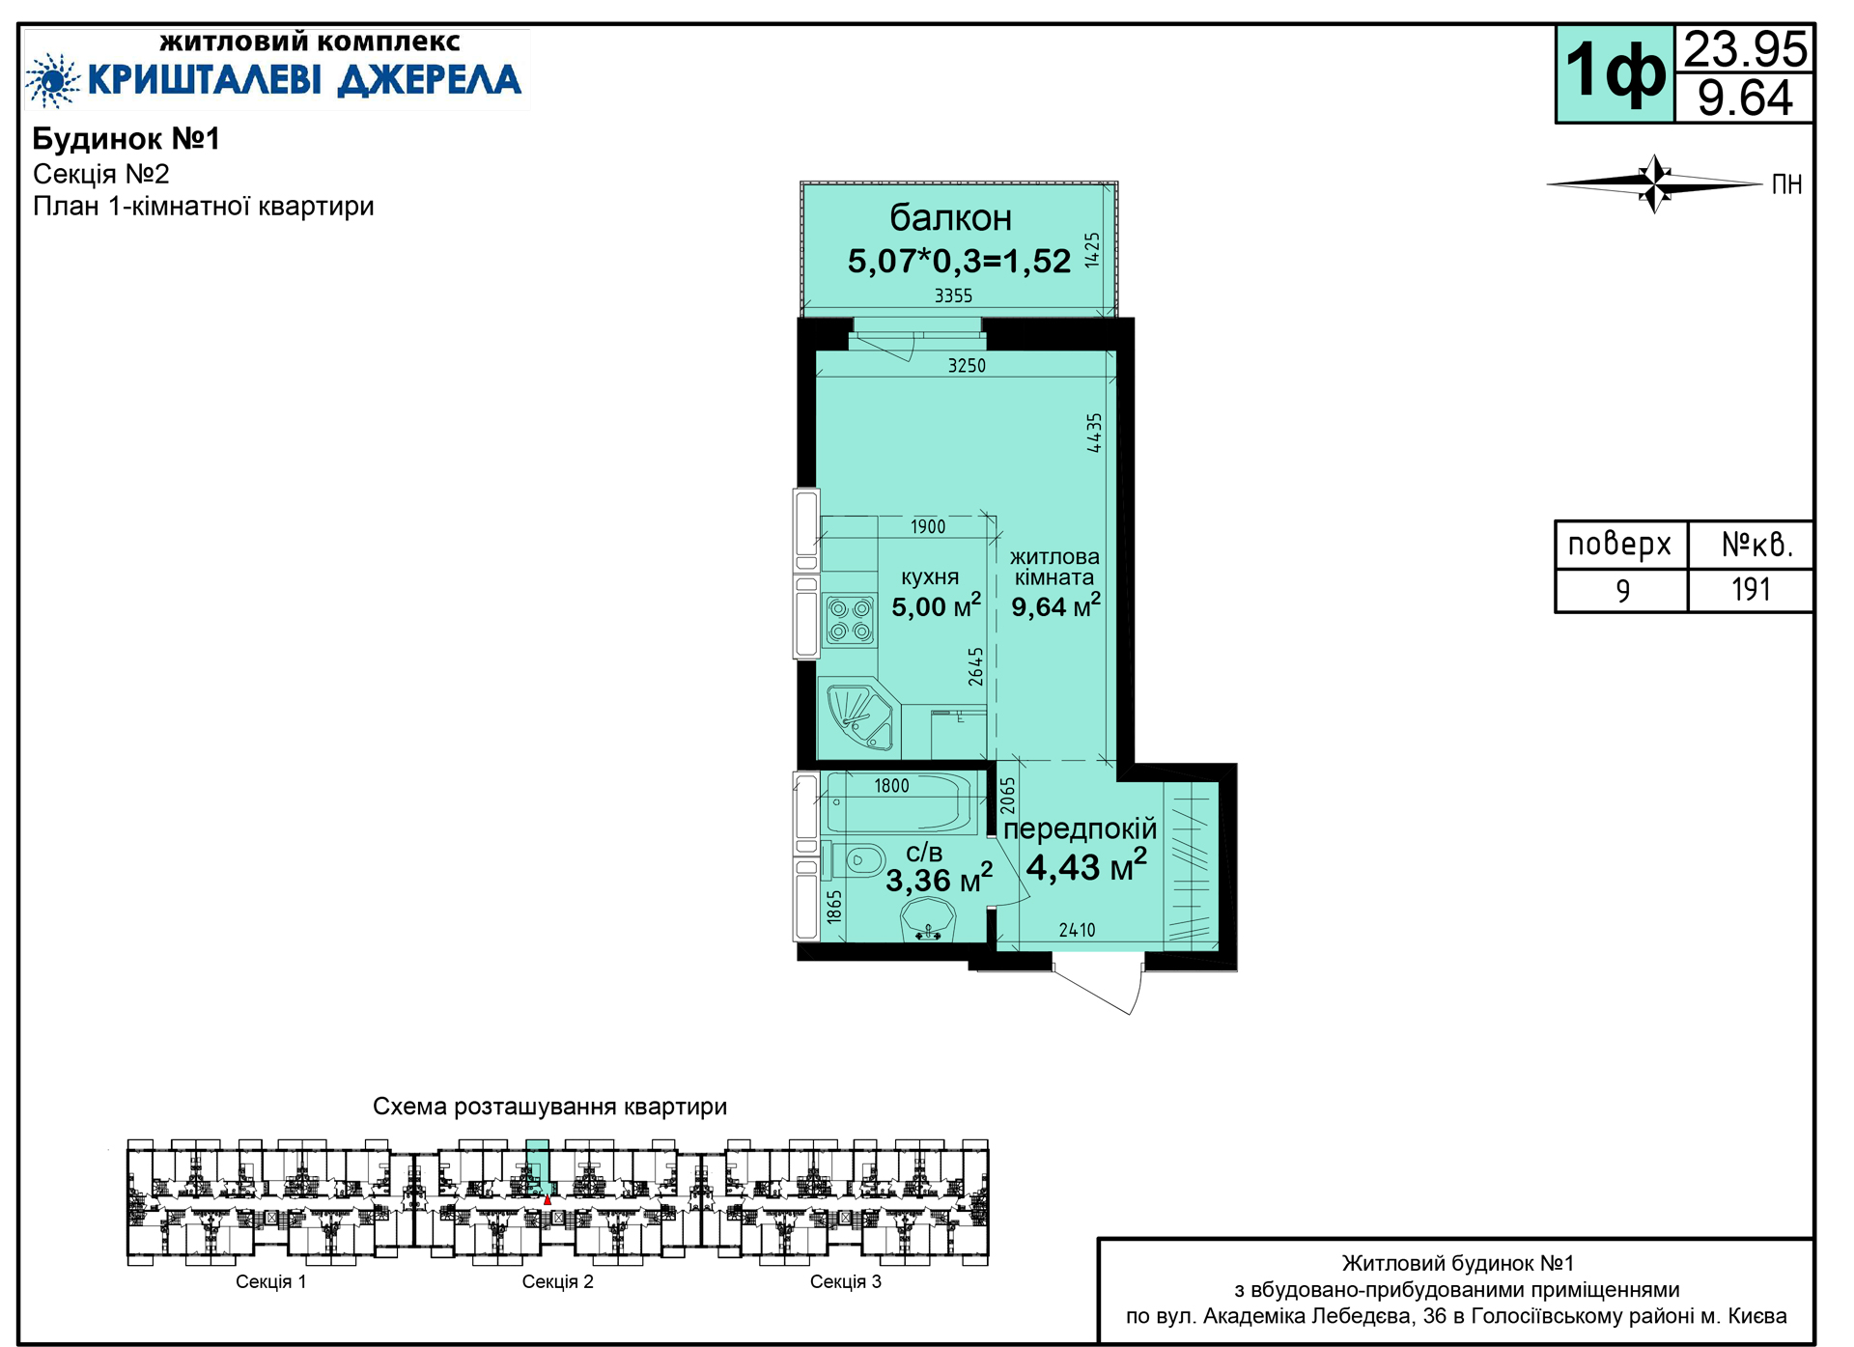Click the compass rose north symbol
(1655, 182)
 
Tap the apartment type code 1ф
(1615, 72)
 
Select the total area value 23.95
(1745, 48)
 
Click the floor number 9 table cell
(1622, 590)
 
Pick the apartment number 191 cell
(1751, 589)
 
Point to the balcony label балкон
(950, 218)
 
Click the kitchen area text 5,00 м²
(936, 605)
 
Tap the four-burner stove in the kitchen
(850, 620)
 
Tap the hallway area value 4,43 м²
(1086, 865)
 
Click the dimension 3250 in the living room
(967, 365)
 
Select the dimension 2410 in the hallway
(1077, 930)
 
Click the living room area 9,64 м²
(1055, 605)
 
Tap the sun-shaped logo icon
(52, 79)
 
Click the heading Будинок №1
(126, 139)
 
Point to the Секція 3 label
(845, 1281)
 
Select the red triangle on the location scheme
(548, 1199)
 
